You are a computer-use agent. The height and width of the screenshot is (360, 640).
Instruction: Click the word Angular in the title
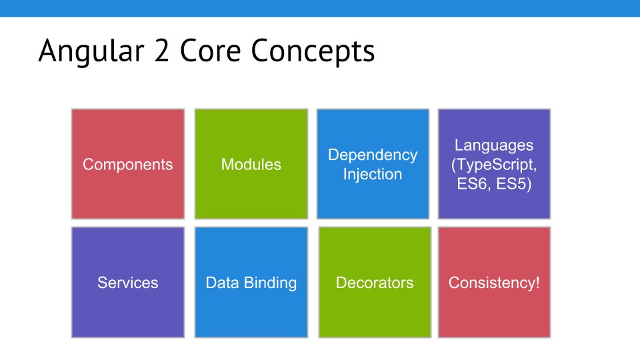point(91,51)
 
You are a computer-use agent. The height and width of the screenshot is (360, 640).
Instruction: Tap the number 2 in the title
point(161,50)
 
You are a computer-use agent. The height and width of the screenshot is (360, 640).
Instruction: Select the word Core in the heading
point(210,50)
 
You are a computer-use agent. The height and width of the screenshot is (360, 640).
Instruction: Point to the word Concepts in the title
point(313,51)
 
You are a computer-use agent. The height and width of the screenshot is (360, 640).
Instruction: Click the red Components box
point(128,164)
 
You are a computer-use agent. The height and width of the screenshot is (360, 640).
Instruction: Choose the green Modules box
point(251,164)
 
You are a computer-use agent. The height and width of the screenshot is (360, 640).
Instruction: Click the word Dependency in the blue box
point(373,155)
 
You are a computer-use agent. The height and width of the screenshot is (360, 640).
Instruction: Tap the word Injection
point(373,174)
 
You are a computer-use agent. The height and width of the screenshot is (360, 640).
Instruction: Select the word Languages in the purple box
point(494,146)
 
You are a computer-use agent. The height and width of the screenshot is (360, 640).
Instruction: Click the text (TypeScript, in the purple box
point(494,165)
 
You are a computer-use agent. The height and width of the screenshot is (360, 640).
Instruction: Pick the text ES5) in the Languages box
point(514,184)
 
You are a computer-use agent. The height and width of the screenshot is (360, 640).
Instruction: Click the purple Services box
point(128,282)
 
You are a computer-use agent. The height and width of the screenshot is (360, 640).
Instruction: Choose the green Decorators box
point(375,282)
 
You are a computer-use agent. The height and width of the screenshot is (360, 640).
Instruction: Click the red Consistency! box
point(494,282)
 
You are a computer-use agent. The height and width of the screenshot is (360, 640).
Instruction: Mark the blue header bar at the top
point(320,8)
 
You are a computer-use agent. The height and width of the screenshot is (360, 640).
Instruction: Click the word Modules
point(251,165)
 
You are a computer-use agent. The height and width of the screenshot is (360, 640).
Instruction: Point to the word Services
point(128,283)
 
